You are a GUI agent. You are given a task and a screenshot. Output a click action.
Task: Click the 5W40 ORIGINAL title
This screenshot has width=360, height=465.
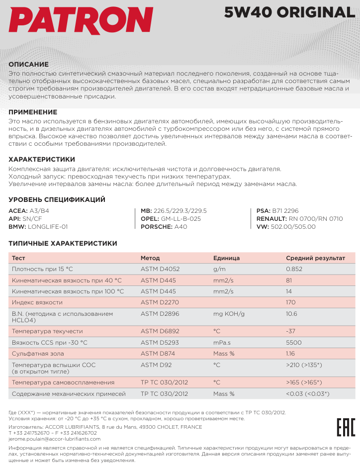tap(290, 12)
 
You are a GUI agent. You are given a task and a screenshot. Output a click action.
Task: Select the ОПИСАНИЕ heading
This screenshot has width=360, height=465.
tap(29, 64)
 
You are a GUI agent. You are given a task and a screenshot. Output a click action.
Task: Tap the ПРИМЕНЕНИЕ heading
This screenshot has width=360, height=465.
tap(33, 112)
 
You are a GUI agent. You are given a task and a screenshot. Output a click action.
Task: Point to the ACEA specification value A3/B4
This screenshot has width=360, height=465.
tap(39, 211)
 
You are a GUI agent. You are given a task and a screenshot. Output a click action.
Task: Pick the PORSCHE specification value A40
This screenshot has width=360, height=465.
tap(181, 226)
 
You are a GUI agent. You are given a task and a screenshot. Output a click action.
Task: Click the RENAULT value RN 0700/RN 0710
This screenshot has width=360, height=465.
tap(316, 219)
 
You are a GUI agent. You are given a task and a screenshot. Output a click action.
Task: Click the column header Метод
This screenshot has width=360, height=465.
tap(150, 258)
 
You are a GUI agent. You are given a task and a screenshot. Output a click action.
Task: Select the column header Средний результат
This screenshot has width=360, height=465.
tap(315, 258)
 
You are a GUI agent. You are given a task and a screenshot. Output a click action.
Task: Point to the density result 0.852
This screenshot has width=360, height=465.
tap(294, 269)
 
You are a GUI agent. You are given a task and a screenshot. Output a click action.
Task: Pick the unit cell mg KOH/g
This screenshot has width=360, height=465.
tap(229, 314)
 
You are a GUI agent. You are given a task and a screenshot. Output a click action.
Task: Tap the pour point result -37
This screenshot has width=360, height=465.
tap(291, 331)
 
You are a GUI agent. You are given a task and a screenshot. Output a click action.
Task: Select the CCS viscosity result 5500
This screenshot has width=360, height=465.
tap(293, 343)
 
